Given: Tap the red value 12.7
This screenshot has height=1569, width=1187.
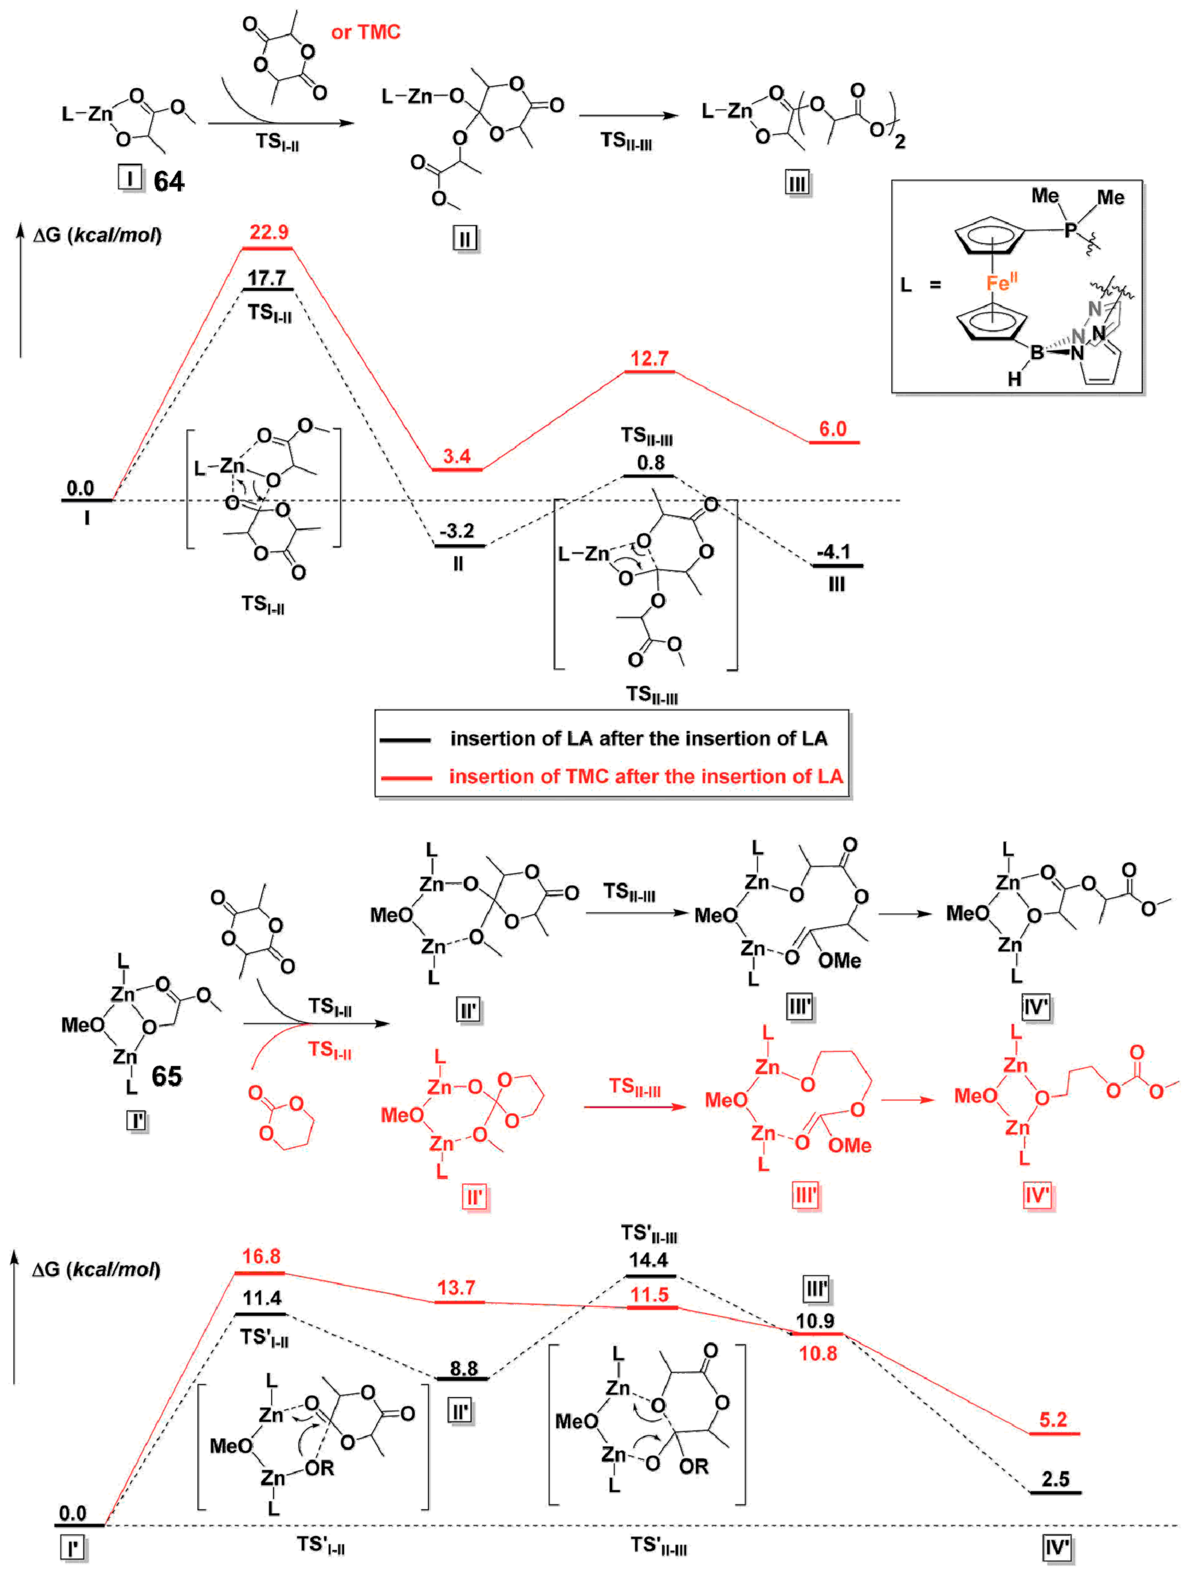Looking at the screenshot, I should (649, 358).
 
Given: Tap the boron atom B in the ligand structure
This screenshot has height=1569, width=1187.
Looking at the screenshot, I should (1037, 351).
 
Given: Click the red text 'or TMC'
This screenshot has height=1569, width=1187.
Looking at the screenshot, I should (365, 32).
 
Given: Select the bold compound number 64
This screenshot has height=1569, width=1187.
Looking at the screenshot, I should (169, 182).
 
